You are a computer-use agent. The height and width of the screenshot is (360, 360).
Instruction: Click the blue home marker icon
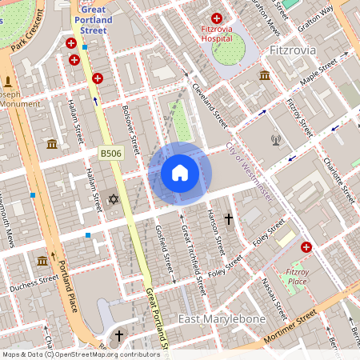pos(180,173)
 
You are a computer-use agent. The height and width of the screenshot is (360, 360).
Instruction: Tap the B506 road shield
pos(110,152)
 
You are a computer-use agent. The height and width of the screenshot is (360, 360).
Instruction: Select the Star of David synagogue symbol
pos(113,198)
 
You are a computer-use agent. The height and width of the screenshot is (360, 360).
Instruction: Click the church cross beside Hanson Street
pos(228,218)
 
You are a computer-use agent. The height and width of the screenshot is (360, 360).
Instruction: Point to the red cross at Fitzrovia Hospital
pos(216,18)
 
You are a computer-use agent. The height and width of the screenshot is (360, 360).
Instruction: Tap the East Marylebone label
pos(222,319)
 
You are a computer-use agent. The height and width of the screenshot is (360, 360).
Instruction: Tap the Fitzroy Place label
pos(297,276)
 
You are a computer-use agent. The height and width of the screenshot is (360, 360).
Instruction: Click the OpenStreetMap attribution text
pos(80,354)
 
